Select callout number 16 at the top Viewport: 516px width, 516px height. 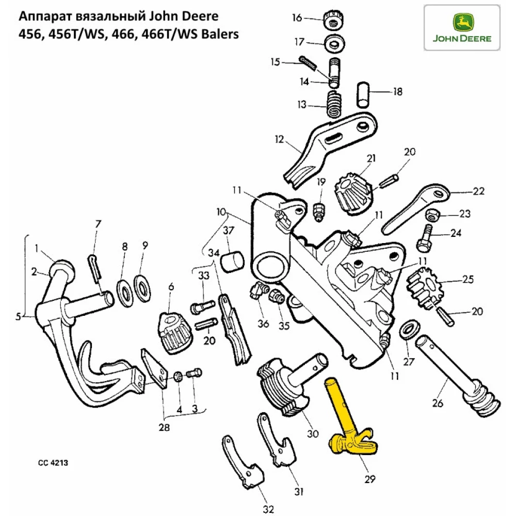pos(297,19)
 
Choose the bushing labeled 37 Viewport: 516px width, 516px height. pos(233,261)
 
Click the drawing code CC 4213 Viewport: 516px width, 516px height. pos(53,463)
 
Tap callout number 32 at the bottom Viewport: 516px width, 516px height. pos(267,509)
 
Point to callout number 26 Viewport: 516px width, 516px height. pos(438,404)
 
